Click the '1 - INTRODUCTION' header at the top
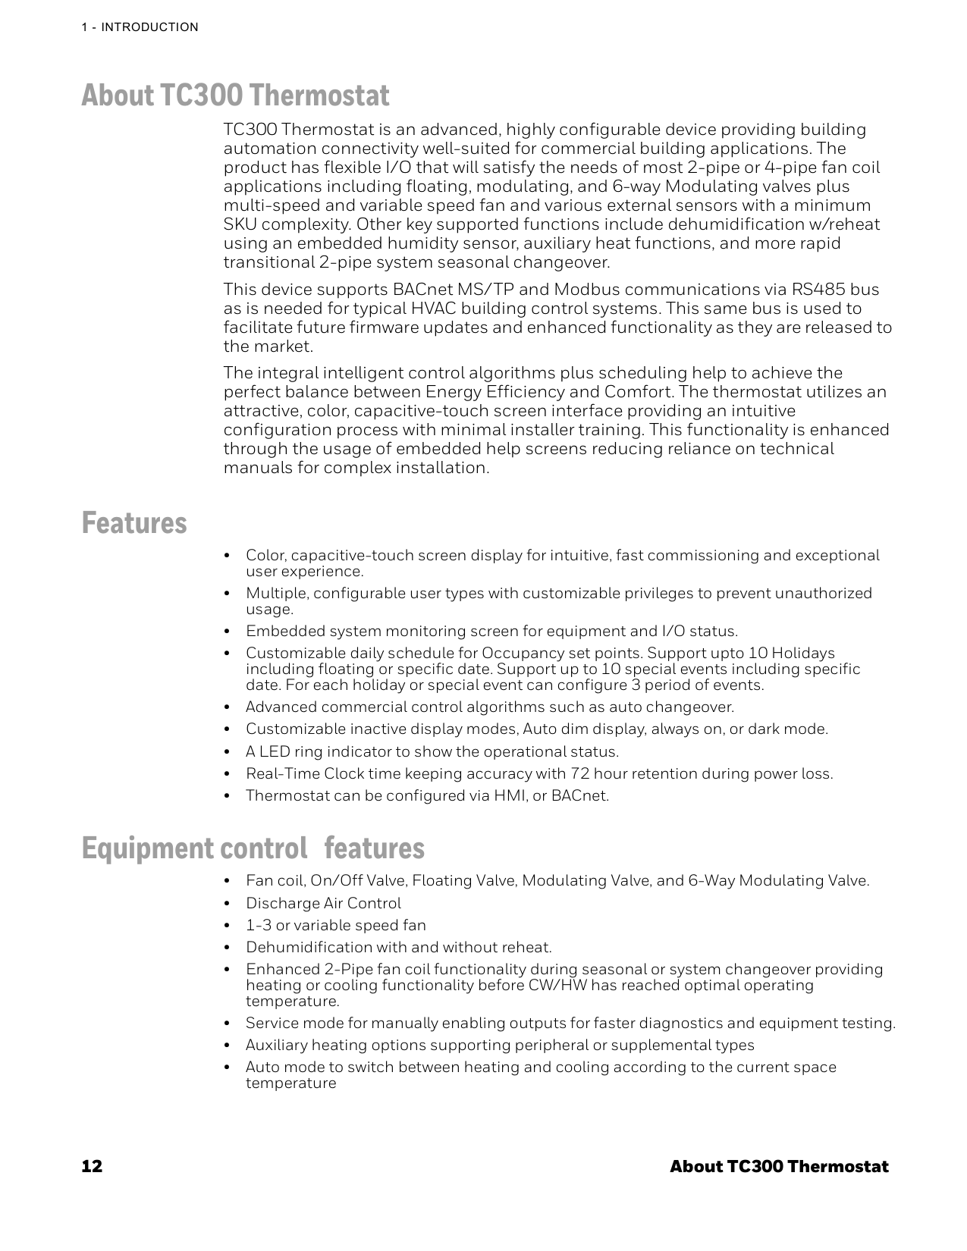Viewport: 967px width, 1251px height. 140,27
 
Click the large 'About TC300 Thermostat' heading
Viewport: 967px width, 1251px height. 235,96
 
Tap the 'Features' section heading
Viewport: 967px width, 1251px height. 134,523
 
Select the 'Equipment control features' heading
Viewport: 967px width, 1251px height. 253,848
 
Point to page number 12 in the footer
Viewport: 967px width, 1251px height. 92,1166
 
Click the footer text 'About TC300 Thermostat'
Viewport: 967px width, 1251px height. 779,1166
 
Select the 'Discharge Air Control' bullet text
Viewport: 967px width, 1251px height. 323,904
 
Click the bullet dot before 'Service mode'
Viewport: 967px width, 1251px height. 228,1024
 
